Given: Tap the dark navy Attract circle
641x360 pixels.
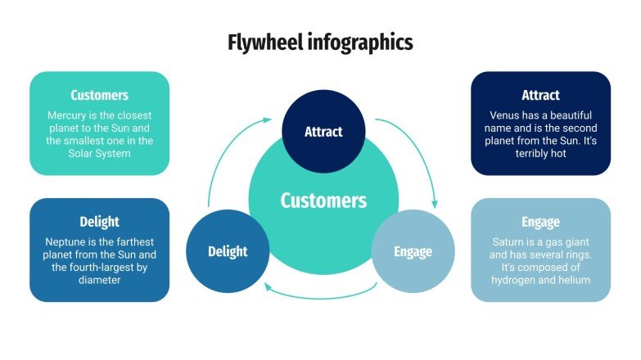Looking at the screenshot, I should [x=323, y=132].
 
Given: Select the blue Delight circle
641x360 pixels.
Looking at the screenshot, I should [x=227, y=251].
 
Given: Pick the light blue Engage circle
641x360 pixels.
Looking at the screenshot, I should [x=413, y=251].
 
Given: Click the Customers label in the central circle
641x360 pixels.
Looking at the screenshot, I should [x=323, y=200].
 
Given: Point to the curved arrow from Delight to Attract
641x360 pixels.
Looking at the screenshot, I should [x=225, y=155].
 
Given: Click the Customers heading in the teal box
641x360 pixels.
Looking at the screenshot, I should [x=99, y=96].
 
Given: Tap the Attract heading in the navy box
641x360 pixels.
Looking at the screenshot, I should [x=540, y=96].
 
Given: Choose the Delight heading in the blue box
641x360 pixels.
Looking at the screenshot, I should [x=99, y=222].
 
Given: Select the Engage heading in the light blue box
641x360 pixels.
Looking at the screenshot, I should [x=540, y=222].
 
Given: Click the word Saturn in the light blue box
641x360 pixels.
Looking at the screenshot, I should [x=510, y=242].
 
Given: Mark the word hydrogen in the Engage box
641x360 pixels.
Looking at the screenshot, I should [x=517, y=280].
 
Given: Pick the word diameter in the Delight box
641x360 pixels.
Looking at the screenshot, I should [x=99, y=280].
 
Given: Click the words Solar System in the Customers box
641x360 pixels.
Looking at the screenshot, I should [x=99, y=153].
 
